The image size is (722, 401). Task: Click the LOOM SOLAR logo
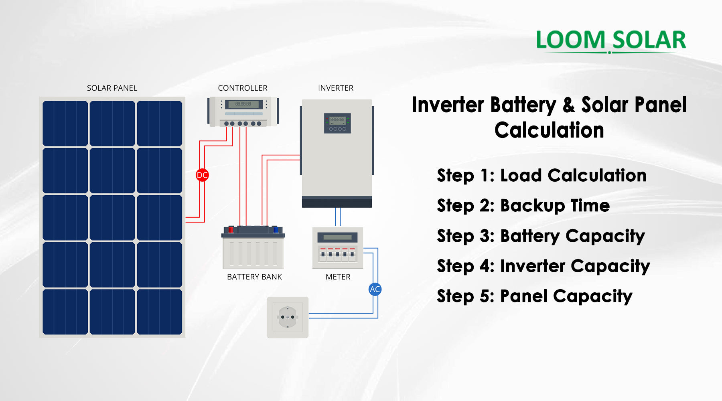611,40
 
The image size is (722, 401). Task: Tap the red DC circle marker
202,175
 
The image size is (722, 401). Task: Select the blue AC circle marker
375,289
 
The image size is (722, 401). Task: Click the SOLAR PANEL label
112,88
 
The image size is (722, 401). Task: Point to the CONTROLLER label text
242,88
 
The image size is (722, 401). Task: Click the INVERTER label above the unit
335,88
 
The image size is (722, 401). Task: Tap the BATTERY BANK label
254,277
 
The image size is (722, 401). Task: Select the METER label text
338,277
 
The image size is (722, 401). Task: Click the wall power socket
288,317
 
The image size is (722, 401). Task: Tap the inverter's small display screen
337,120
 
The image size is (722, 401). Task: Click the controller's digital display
243,104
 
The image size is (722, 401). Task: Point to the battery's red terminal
231,229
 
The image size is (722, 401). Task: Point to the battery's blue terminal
276,229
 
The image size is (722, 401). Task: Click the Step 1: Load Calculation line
541,176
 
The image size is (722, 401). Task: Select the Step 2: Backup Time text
523,206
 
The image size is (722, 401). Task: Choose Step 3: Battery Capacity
541,236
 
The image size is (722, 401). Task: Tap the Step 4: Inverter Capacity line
543,266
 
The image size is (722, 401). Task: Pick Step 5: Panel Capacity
534,296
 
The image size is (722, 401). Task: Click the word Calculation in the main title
549,130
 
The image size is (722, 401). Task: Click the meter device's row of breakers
337,253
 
